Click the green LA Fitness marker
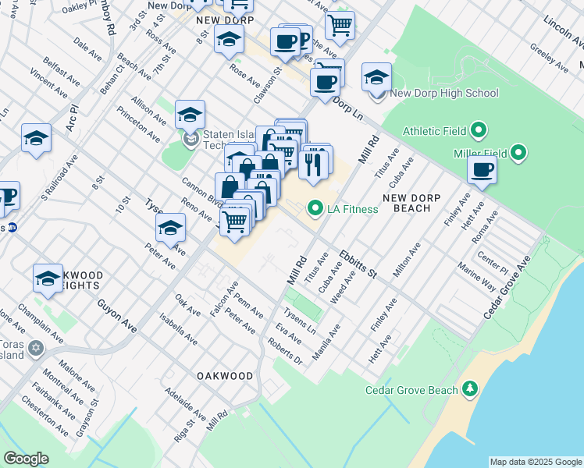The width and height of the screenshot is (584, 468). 315,208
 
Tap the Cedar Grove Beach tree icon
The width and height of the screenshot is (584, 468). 469,388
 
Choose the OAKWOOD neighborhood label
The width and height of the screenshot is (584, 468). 225,376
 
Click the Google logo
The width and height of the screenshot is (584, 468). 26,459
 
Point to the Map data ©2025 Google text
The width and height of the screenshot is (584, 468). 535,462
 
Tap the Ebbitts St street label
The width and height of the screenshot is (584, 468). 358,264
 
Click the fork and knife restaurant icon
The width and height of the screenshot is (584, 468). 312,163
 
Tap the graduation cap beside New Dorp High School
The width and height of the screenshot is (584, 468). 376,77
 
